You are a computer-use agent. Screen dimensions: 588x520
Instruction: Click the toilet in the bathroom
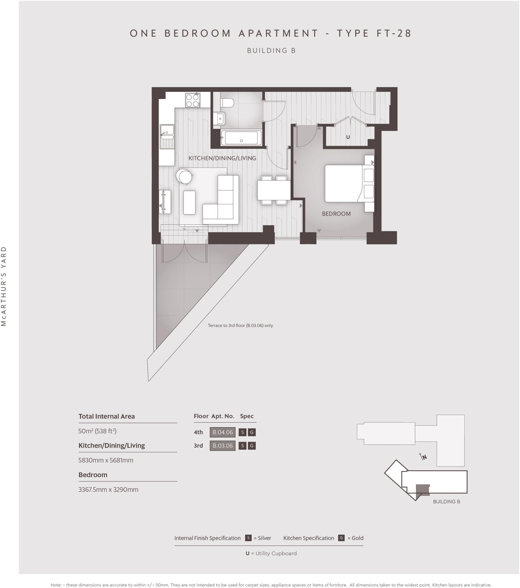227,103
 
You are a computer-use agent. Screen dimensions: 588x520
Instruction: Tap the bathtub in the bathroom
241,138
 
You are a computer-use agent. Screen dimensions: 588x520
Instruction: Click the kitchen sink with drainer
167,137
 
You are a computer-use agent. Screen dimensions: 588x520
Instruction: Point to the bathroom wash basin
219,119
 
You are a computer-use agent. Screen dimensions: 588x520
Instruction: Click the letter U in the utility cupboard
348,137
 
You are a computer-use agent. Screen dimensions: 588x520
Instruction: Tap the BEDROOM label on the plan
336,214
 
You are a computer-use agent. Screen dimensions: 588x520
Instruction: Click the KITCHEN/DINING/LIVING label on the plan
222,158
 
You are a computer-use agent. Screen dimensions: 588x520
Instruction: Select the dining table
274,190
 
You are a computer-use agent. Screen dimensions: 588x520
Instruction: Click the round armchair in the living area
184,176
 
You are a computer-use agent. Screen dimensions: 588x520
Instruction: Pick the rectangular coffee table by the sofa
189,202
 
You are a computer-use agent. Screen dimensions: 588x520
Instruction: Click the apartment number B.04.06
223,432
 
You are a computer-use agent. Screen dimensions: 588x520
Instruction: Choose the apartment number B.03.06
223,446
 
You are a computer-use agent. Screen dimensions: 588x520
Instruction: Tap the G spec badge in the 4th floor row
252,432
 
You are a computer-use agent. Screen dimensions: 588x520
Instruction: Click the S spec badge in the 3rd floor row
243,446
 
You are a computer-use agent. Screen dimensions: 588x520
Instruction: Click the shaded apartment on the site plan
423,490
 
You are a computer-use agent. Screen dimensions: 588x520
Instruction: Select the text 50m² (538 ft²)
97,431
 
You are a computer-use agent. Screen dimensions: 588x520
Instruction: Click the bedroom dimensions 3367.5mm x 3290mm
108,490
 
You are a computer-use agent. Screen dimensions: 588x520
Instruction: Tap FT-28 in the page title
394,33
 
